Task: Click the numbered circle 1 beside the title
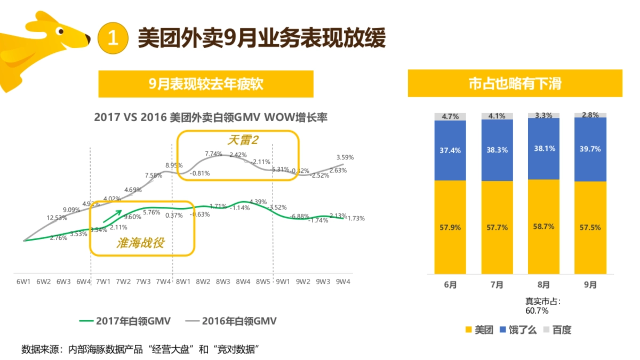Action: [113, 38]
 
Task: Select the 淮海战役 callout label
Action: [140, 243]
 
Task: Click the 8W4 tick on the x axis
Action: [243, 281]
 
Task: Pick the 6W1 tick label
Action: [23, 281]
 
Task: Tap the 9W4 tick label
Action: [343, 281]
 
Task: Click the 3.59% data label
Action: [345, 157]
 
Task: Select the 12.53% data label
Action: [57, 218]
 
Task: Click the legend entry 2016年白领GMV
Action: [231, 321]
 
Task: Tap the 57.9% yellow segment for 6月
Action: [450, 227]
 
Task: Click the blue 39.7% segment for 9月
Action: [590, 149]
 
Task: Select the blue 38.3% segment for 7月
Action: [497, 150]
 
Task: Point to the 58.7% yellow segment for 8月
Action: [543, 227]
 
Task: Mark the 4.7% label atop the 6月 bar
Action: [450, 116]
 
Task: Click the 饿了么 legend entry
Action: [518, 330]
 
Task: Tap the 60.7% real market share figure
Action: [537, 310]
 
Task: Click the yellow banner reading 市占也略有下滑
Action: [515, 84]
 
